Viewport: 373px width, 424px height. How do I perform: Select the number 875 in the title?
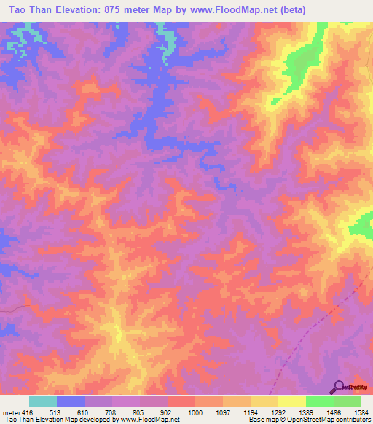(x=130, y=9)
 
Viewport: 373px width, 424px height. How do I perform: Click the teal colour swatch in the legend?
(x=43, y=401)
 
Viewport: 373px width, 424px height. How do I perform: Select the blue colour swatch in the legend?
(x=71, y=401)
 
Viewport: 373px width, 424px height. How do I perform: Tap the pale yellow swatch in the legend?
(x=292, y=401)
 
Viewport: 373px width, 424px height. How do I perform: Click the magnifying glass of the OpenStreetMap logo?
(x=337, y=386)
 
